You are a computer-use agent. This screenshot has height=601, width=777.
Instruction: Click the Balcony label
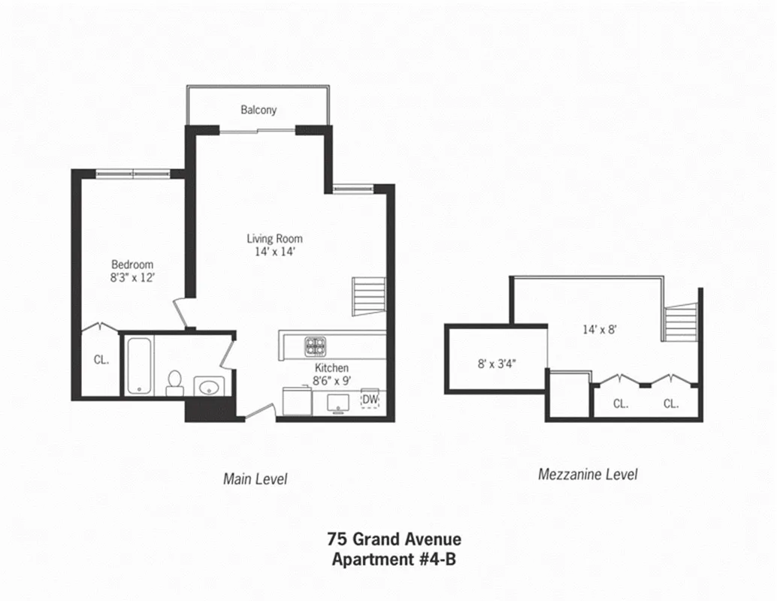point(258,110)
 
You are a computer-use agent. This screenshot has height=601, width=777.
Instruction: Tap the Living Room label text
point(274,239)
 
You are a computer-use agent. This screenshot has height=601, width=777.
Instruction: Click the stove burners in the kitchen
point(315,346)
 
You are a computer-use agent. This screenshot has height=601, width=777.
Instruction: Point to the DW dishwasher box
point(370,399)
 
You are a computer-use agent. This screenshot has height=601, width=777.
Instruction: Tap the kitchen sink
point(340,401)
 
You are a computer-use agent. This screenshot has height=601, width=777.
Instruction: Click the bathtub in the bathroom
point(140,365)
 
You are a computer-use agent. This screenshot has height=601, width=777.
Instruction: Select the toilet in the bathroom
point(174,382)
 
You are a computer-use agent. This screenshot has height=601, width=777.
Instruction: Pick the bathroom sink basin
point(209,387)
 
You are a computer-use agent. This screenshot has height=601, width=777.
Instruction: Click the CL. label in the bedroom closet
point(101,359)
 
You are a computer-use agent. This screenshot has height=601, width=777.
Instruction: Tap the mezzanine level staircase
point(680,322)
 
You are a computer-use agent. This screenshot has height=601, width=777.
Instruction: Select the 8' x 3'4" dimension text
point(496,363)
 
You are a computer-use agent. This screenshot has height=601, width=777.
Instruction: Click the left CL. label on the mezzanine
point(620,403)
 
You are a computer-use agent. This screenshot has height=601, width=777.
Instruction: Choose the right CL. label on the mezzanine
point(671,403)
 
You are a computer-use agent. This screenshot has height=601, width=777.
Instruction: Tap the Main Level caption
point(255,479)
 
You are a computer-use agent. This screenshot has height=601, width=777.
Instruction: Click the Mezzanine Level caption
point(588,474)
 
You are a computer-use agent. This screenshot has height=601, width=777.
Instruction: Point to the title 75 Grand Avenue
point(394,539)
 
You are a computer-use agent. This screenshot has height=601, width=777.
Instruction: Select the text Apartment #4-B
point(394,559)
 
